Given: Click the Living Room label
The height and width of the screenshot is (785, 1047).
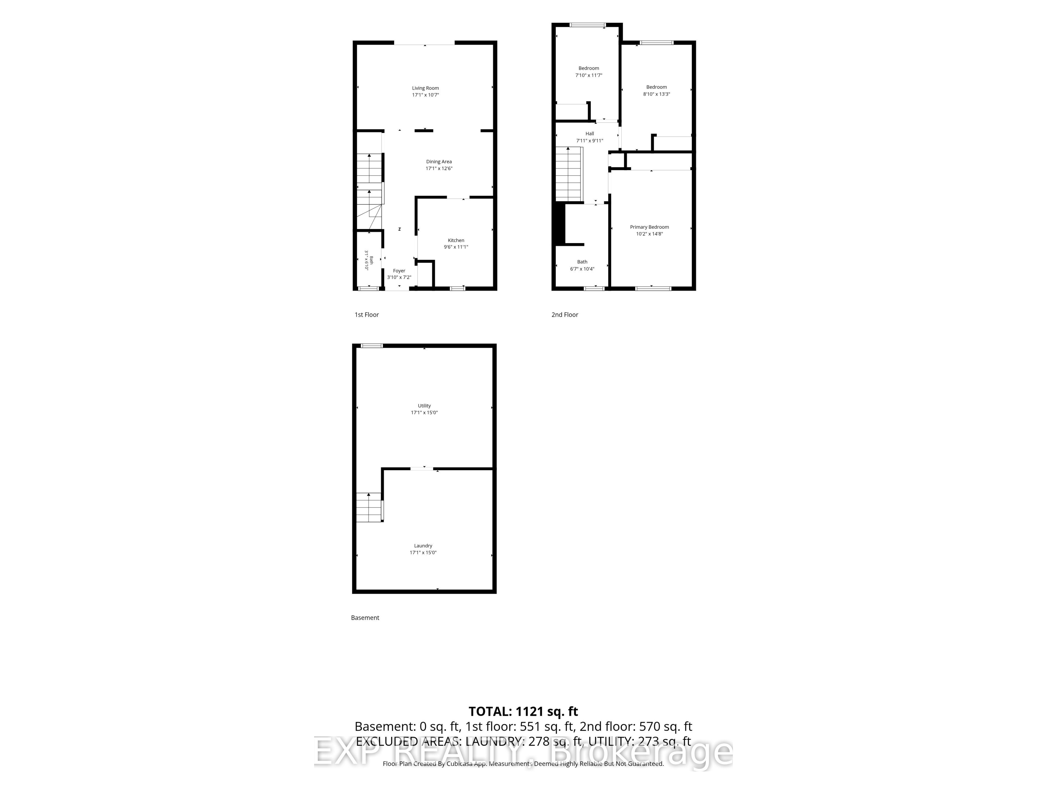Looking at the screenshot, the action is coord(425,88).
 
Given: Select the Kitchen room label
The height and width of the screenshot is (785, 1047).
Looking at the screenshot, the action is coord(456,240).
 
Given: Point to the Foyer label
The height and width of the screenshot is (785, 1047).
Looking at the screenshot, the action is coord(399,271).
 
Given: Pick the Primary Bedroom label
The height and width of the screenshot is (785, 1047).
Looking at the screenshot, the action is coord(649,227).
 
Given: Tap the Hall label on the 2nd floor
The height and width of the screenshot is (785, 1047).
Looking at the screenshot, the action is coord(590,134).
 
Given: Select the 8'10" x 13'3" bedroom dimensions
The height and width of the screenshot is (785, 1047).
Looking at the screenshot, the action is coord(657,94).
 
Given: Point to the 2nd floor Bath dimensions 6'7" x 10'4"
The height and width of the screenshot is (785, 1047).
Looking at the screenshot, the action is coord(582,269).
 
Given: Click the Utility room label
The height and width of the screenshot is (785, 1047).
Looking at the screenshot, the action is coord(424,406).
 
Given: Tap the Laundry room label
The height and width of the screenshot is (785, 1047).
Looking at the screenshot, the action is coord(423,546).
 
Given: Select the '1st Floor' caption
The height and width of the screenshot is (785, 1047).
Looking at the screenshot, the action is coord(367,315).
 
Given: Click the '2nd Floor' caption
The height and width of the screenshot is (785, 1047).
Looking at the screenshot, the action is coord(565,315).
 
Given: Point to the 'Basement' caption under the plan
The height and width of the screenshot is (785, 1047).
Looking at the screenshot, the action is coord(365,617).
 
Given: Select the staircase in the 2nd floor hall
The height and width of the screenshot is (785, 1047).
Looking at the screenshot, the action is coord(568,173).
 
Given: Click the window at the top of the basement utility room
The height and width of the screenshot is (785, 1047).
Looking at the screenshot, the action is coord(372,345).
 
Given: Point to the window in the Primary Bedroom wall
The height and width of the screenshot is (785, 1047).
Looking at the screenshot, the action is coord(653,288).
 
